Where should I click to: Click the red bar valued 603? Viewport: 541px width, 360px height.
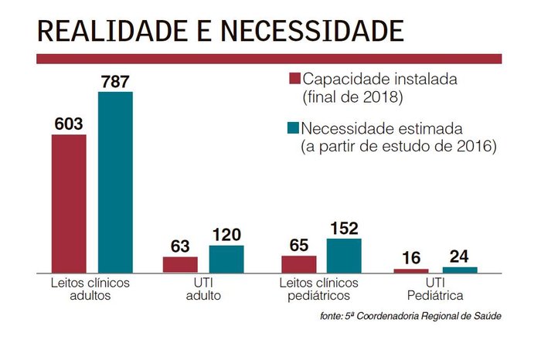(69, 202)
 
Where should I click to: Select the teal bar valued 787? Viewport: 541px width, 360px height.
(115, 182)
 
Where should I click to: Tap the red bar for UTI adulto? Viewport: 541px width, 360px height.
(180, 264)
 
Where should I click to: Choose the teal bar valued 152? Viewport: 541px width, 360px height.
(344, 255)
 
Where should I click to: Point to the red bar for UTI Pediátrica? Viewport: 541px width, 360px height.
(410, 270)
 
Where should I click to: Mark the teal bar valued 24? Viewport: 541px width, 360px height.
(460, 269)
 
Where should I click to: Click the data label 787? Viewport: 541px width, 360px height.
(115, 80)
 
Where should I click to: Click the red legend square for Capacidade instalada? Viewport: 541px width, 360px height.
(294, 80)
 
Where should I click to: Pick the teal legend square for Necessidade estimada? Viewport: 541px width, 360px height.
(294, 127)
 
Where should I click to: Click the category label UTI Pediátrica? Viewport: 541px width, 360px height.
(436, 289)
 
